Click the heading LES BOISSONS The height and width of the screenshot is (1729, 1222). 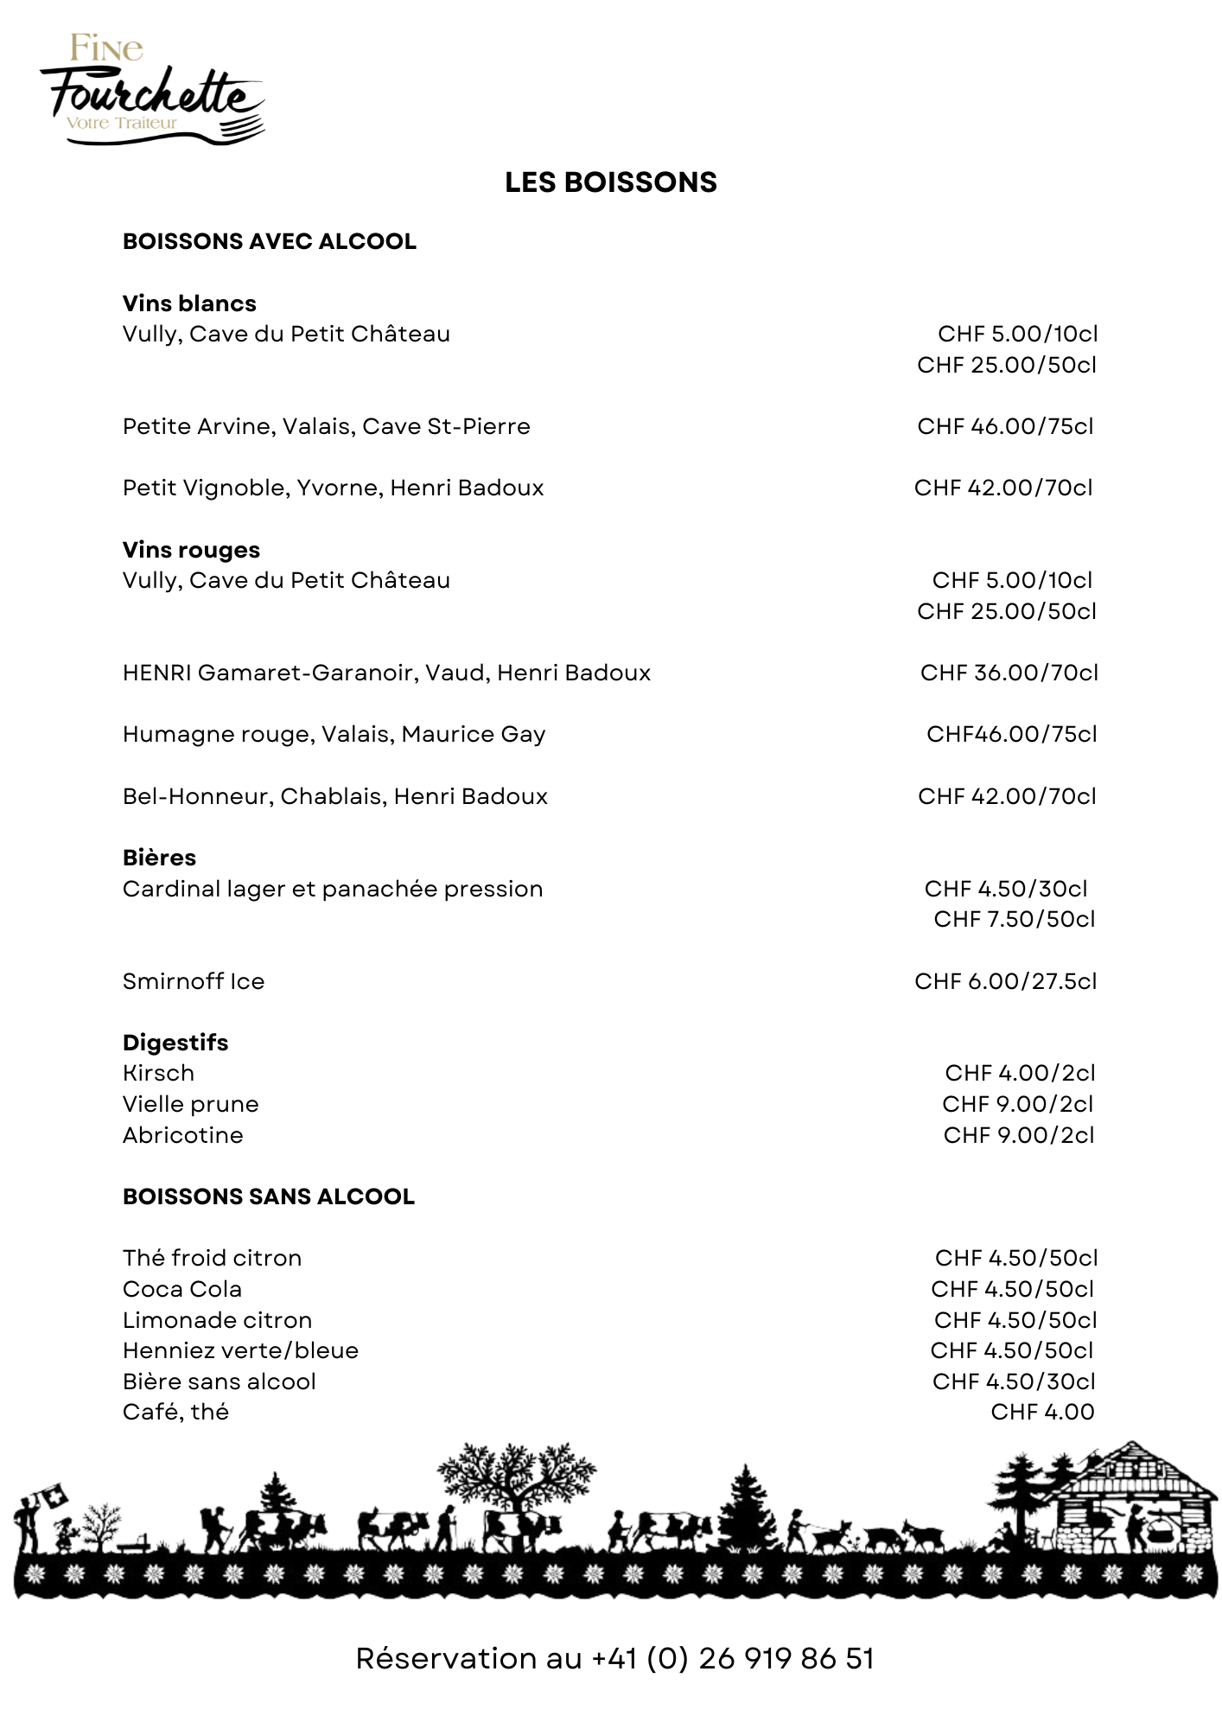(x=610, y=182)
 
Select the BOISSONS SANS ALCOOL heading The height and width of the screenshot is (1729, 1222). (x=268, y=1196)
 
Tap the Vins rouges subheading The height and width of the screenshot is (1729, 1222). (x=191, y=550)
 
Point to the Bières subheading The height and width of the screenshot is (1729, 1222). (x=159, y=858)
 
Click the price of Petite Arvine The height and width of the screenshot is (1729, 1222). (x=1005, y=426)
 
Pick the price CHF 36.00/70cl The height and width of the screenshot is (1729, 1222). (x=1009, y=673)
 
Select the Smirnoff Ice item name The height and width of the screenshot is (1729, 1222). (x=194, y=981)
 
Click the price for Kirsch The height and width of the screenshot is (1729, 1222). (x=1020, y=1073)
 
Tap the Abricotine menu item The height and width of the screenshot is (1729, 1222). (x=182, y=1135)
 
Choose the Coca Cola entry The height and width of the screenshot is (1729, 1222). (x=182, y=1289)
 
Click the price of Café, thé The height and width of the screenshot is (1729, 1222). (x=1042, y=1412)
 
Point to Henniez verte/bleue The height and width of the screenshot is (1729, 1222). (x=240, y=1350)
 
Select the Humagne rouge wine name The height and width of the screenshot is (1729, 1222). (x=334, y=734)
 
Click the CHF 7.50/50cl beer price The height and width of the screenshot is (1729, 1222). (x=1014, y=919)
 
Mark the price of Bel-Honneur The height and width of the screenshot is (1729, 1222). (x=1007, y=796)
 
